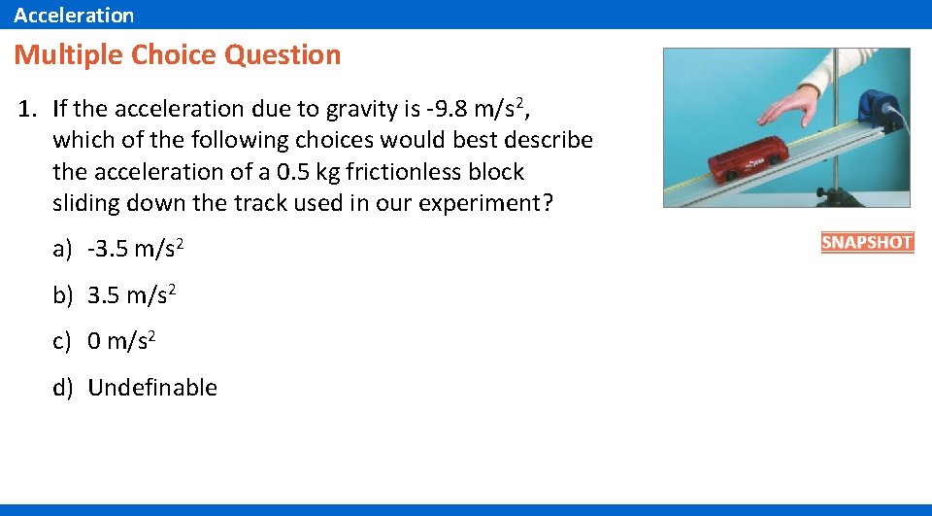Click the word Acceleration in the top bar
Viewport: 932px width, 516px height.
74,15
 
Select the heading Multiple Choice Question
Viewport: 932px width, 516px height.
178,54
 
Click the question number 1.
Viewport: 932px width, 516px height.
26,108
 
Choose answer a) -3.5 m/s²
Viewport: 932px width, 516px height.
119,249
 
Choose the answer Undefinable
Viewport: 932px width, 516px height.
152,387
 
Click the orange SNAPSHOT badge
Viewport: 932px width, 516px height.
867,243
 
